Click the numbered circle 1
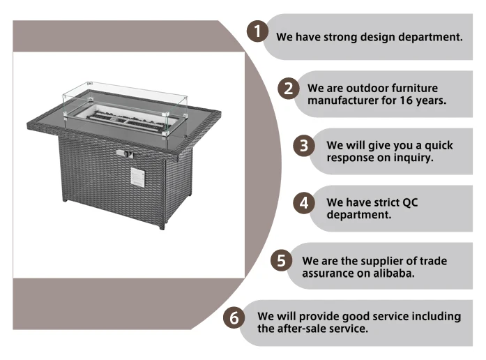click(x=259, y=31)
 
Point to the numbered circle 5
click(x=281, y=261)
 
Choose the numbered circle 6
click(x=234, y=318)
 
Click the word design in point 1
click(x=379, y=37)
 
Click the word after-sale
click(x=305, y=329)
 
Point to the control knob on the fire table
click(x=123, y=153)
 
